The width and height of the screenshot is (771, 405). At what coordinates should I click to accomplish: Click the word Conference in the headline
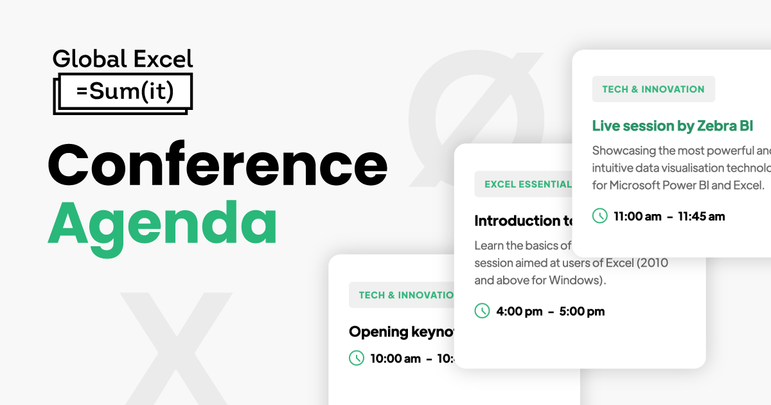click(x=217, y=165)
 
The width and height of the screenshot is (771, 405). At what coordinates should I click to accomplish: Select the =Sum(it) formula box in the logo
click(x=125, y=92)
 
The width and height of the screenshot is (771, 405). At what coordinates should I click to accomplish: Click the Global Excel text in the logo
click(x=122, y=59)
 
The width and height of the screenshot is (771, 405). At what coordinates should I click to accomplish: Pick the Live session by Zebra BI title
click(x=672, y=125)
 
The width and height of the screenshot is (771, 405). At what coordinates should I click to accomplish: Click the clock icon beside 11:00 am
click(x=599, y=216)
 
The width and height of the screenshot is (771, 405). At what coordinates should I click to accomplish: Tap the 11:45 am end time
click(x=702, y=217)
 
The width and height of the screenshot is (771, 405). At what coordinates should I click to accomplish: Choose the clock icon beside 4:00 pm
click(x=482, y=311)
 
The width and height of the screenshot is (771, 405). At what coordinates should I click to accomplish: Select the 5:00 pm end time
click(x=582, y=312)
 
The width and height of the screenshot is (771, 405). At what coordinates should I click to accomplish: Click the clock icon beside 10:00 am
click(x=357, y=358)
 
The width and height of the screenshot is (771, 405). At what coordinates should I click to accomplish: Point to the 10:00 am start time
click(x=396, y=359)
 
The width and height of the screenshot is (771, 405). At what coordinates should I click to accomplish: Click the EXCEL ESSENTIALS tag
click(x=527, y=184)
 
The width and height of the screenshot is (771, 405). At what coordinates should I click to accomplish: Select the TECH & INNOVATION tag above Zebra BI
click(x=653, y=89)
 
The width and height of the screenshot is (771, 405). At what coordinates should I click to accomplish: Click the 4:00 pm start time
click(x=519, y=312)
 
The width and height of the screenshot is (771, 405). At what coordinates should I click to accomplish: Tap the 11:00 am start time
click(x=637, y=217)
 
